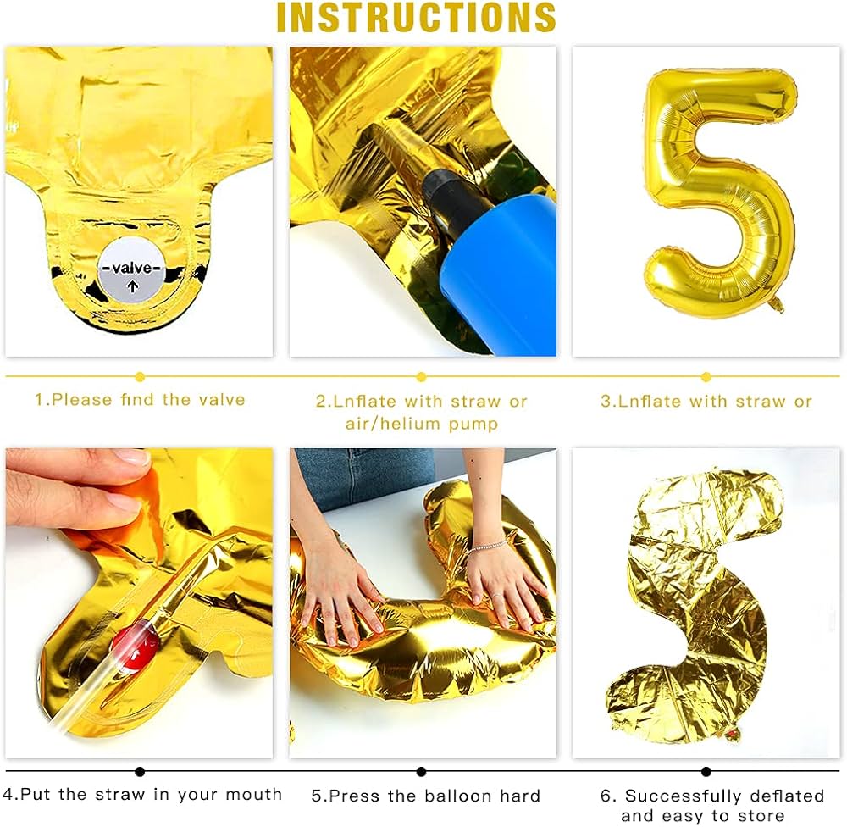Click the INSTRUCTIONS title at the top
tap(416, 18)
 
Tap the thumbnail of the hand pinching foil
tap(139, 602)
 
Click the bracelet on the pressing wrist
tap(489, 545)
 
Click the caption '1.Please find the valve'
tap(140, 400)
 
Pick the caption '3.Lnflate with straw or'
tap(706, 402)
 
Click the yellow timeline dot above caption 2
tap(421, 377)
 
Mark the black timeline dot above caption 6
tap(706, 771)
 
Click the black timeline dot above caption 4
tap(140, 771)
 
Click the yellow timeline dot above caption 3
tap(706, 377)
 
